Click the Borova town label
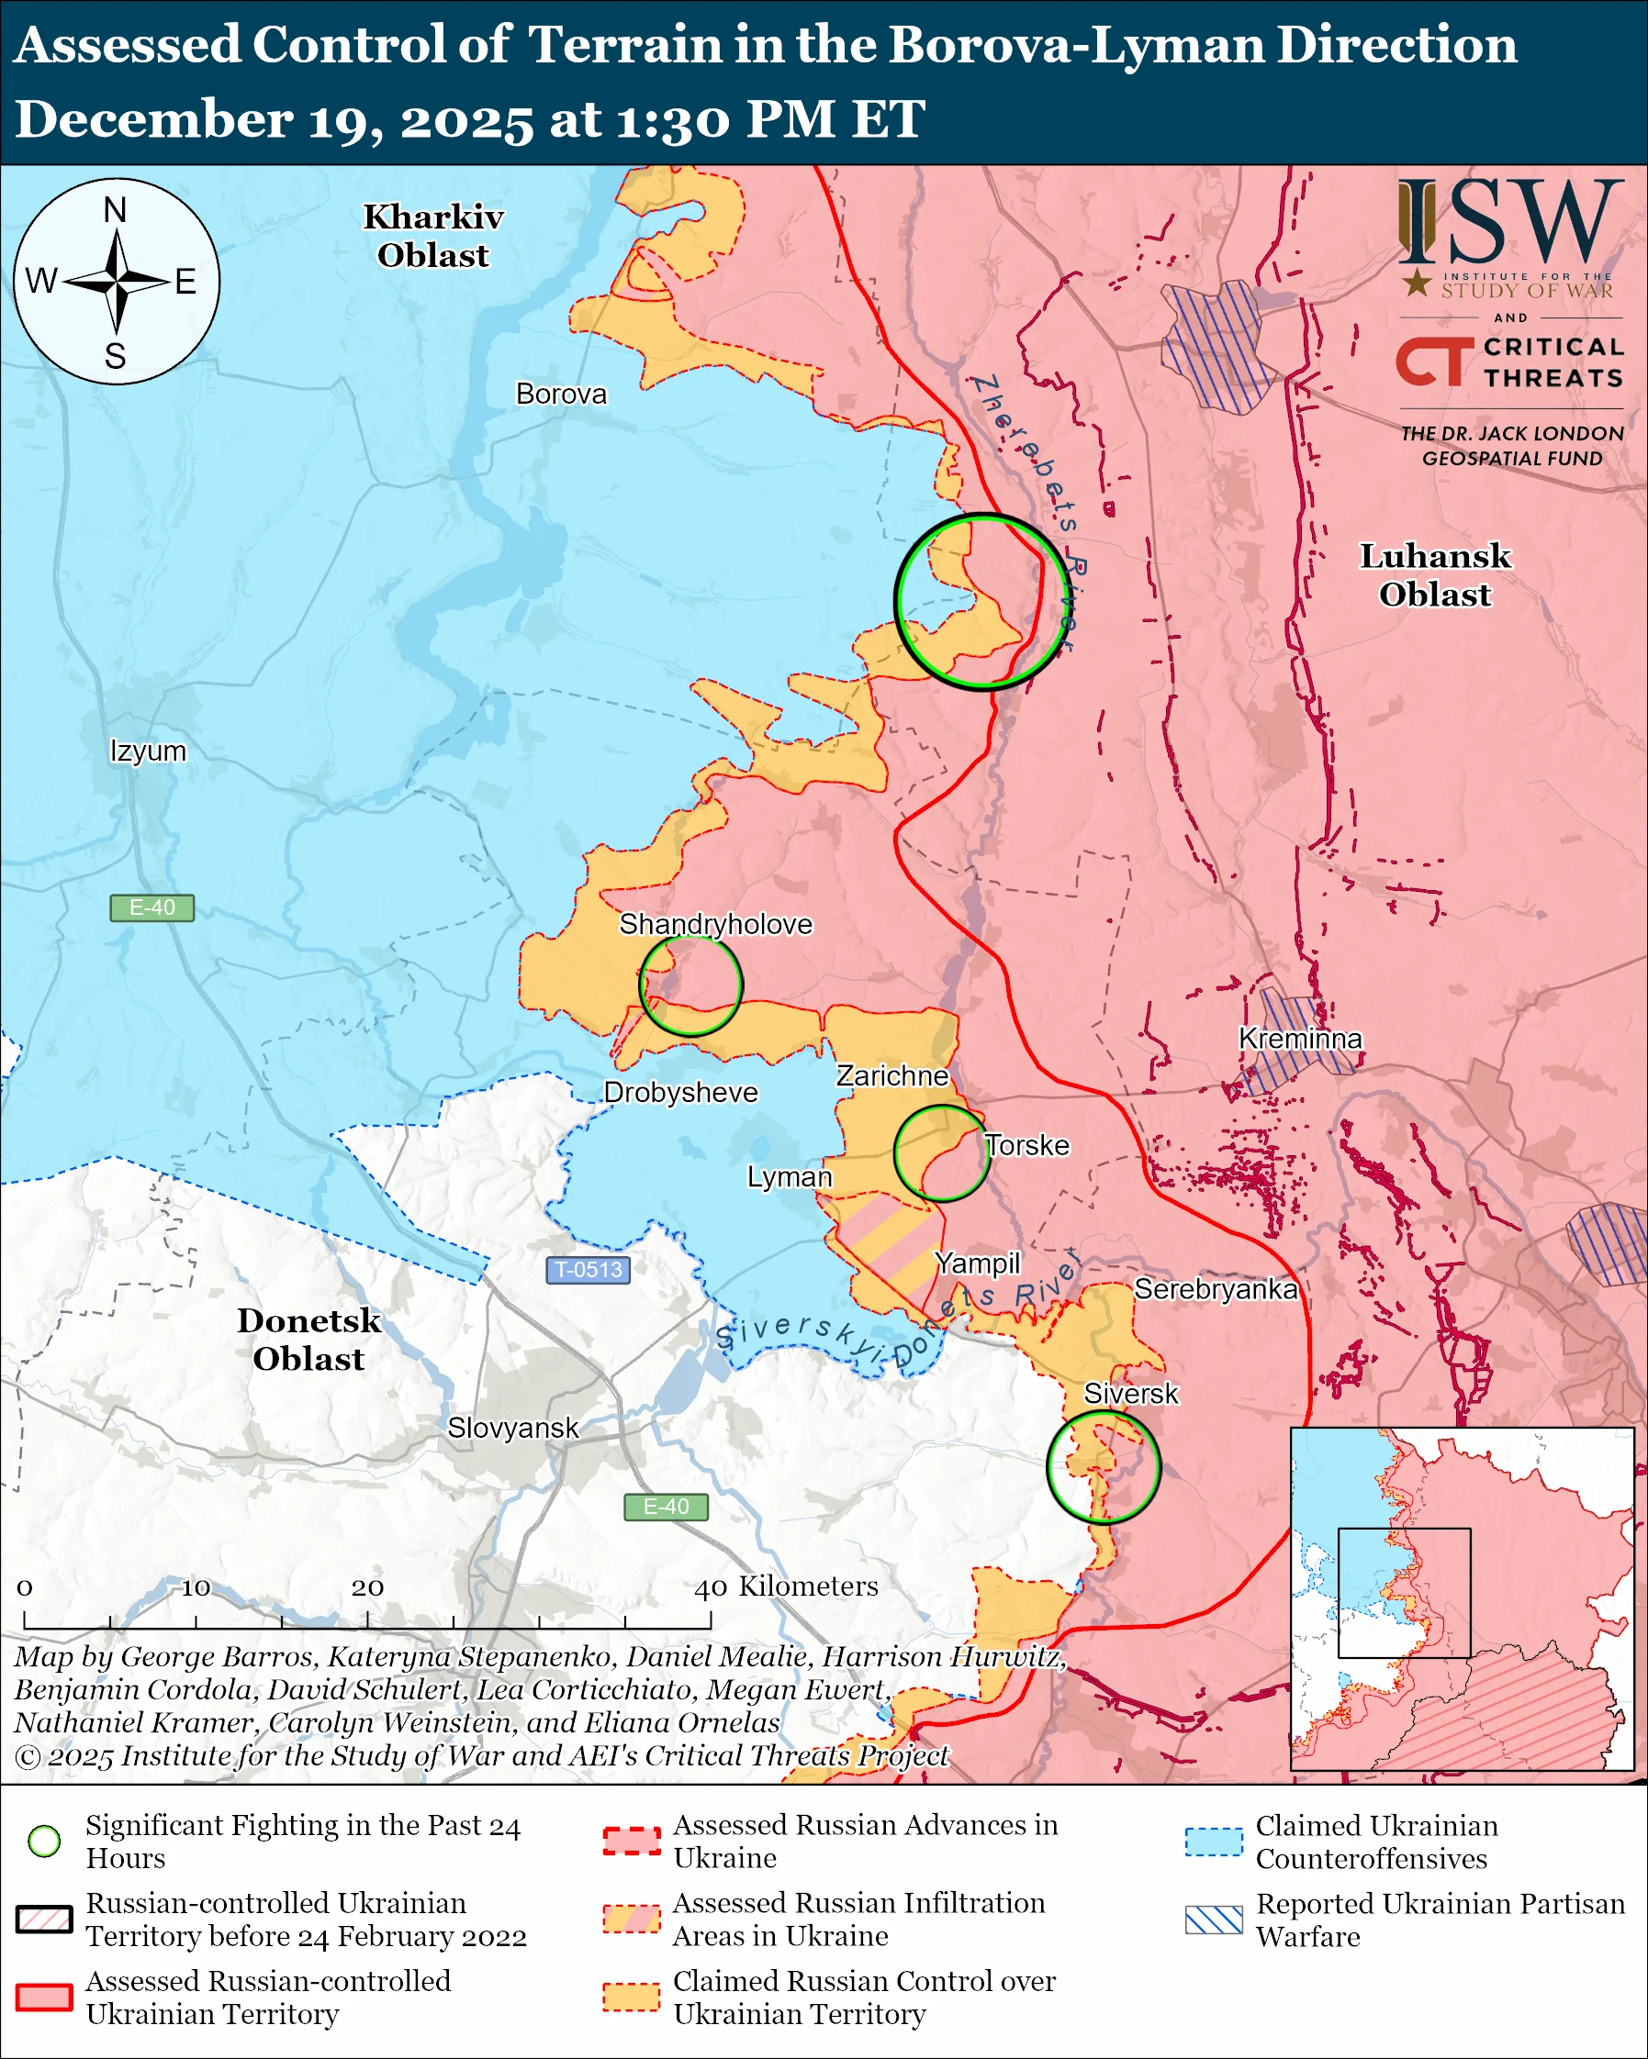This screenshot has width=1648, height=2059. pos(561,394)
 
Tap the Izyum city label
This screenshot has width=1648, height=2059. pos(148,751)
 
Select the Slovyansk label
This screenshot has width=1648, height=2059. pos(512,1428)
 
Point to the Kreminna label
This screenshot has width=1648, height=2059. pos(1299,1038)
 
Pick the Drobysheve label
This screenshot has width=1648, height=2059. pos(680,1092)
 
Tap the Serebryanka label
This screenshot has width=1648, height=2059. pos(1216,1289)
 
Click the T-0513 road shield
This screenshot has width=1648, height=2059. pos(588,1269)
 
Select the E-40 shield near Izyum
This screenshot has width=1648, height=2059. pos(151,907)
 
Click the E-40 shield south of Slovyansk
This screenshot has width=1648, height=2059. pos(666,1506)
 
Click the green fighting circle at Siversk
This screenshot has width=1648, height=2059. pos(1103,1467)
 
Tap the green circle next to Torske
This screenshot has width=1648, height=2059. pos(941,1152)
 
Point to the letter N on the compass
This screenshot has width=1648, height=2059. pos(116,209)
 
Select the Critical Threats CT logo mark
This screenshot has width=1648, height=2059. pos(1434,361)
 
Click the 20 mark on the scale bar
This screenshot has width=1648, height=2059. pos(368,1588)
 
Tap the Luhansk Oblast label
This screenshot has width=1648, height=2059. pos(1434,575)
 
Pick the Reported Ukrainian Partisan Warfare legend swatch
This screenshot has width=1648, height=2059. pos(1214,1920)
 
